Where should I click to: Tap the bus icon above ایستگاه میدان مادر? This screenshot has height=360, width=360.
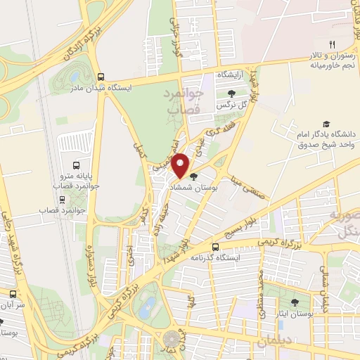pyautogui.click(x=101, y=77)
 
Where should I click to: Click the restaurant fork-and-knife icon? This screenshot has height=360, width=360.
pyautogui.click(x=324, y=43)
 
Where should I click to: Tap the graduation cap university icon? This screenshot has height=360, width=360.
pyautogui.click(x=325, y=124)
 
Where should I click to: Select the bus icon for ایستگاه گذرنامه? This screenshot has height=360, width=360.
pyautogui.click(x=217, y=247)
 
